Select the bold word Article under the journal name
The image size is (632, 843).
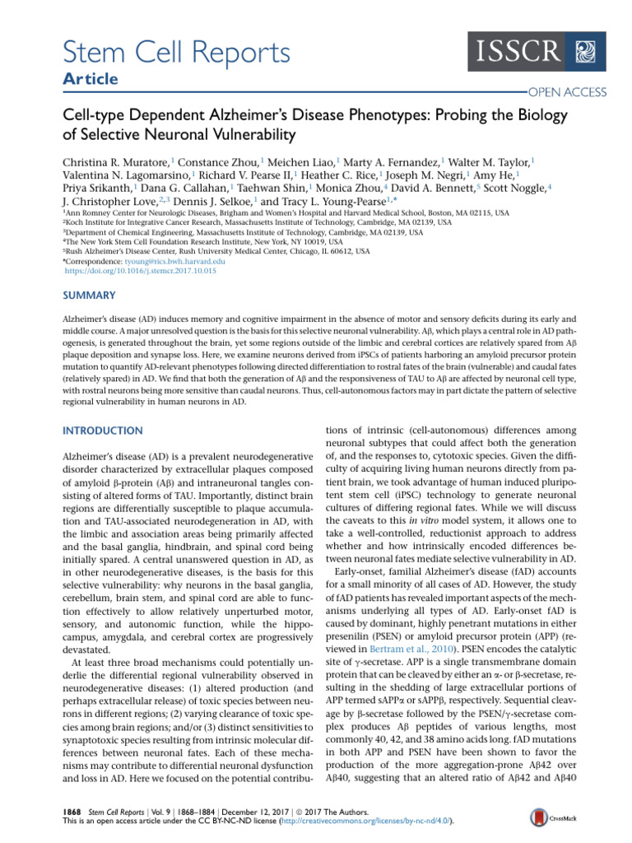[91, 80]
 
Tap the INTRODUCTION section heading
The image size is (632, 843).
[103, 431]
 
